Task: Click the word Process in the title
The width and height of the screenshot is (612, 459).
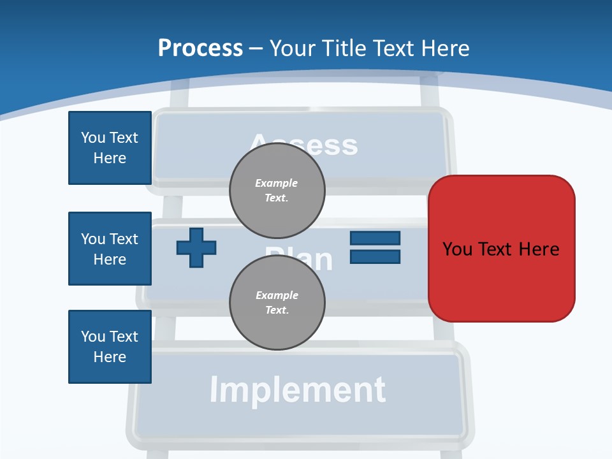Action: point(200,48)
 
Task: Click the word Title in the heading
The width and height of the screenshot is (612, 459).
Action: point(347,48)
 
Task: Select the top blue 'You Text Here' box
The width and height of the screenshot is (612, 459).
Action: point(110,148)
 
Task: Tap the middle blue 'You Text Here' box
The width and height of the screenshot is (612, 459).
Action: point(110,249)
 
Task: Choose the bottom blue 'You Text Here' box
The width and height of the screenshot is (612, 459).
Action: point(110,347)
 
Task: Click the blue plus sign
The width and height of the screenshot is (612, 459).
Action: point(196,247)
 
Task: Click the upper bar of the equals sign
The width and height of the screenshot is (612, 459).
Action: point(375,238)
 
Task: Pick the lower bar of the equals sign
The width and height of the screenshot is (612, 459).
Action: point(375,257)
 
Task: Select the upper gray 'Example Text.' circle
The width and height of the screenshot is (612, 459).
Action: point(277,190)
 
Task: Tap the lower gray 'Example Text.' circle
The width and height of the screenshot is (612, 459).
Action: point(277,302)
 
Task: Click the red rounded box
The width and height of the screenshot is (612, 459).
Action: point(501,249)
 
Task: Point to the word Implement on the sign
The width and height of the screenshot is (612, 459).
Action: point(298,390)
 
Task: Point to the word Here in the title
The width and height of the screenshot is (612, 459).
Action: point(445,48)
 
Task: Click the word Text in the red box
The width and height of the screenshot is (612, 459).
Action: point(497,249)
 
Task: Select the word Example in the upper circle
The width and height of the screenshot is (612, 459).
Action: point(277,183)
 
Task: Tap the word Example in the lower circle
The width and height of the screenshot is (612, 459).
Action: point(277,295)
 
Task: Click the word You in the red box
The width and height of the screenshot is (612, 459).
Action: point(457,249)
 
